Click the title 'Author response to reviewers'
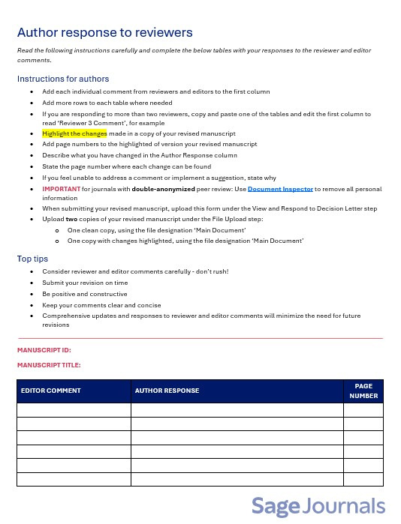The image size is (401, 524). coord(104,32)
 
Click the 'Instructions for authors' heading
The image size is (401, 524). coord(63,79)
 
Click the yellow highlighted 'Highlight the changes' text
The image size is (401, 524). coord(74,134)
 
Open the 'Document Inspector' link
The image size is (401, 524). coord(280,189)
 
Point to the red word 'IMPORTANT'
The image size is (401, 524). coord(61,189)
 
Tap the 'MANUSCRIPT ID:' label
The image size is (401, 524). coord(44,350)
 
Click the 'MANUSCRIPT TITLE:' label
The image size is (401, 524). coord(49,365)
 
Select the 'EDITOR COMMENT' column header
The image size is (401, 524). coord(50,391)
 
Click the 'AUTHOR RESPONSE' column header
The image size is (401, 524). coord(167,391)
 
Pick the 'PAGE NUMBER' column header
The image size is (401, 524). coord(363,391)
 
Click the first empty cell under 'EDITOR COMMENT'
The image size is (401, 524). coord(74,410)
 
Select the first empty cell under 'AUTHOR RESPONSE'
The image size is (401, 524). coord(237,410)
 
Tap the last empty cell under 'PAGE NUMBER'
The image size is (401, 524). coord(363,479)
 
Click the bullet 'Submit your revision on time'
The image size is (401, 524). coord(85,283)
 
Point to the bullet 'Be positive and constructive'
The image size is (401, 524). coord(84,294)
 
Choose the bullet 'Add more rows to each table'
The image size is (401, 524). coord(107,103)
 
